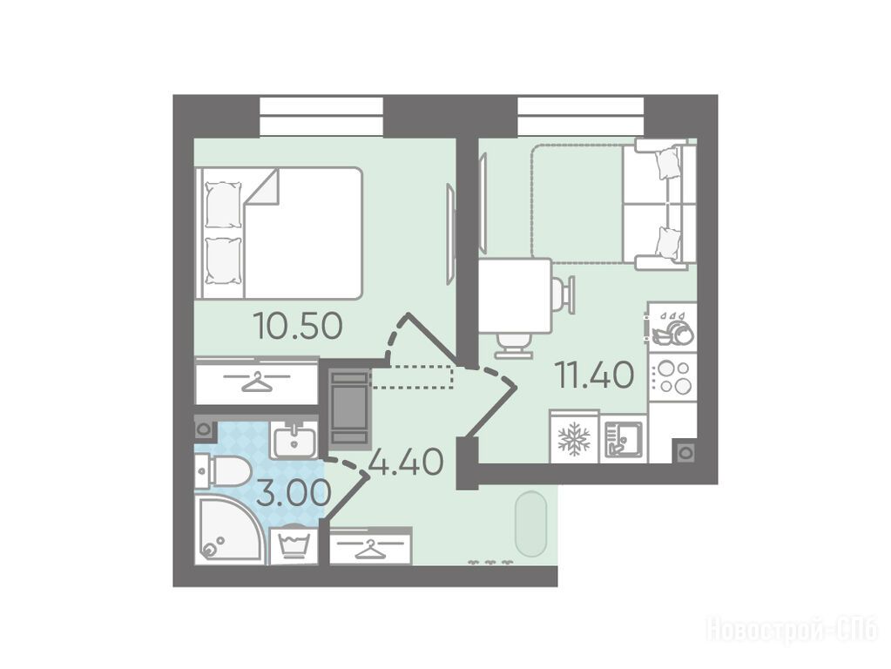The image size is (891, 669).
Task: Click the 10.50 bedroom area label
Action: click(x=299, y=327)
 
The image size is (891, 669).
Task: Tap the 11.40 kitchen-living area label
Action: click(x=595, y=375)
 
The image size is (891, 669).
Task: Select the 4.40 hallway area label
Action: click(x=406, y=462)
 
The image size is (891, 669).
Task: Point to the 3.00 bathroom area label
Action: click(x=294, y=493)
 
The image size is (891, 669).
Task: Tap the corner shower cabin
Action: click(x=230, y=530)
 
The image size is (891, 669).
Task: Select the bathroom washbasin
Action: click(x=294, y=441)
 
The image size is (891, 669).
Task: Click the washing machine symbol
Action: click(x=294, y=546)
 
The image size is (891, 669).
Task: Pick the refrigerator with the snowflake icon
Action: click(x=575, y=436)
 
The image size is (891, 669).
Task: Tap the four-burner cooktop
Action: click(x=672, y=377)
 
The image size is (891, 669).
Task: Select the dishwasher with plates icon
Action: click(x=672, y=327)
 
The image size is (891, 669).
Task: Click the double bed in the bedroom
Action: click(x=279, y=233)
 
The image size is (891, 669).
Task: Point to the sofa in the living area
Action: click(x=659, y=204)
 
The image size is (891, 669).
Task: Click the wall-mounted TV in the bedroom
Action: click(x=450, y=233)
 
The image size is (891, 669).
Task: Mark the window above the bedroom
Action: click(x=321, y=117)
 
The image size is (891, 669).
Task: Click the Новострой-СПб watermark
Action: click(x=792, y=631)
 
